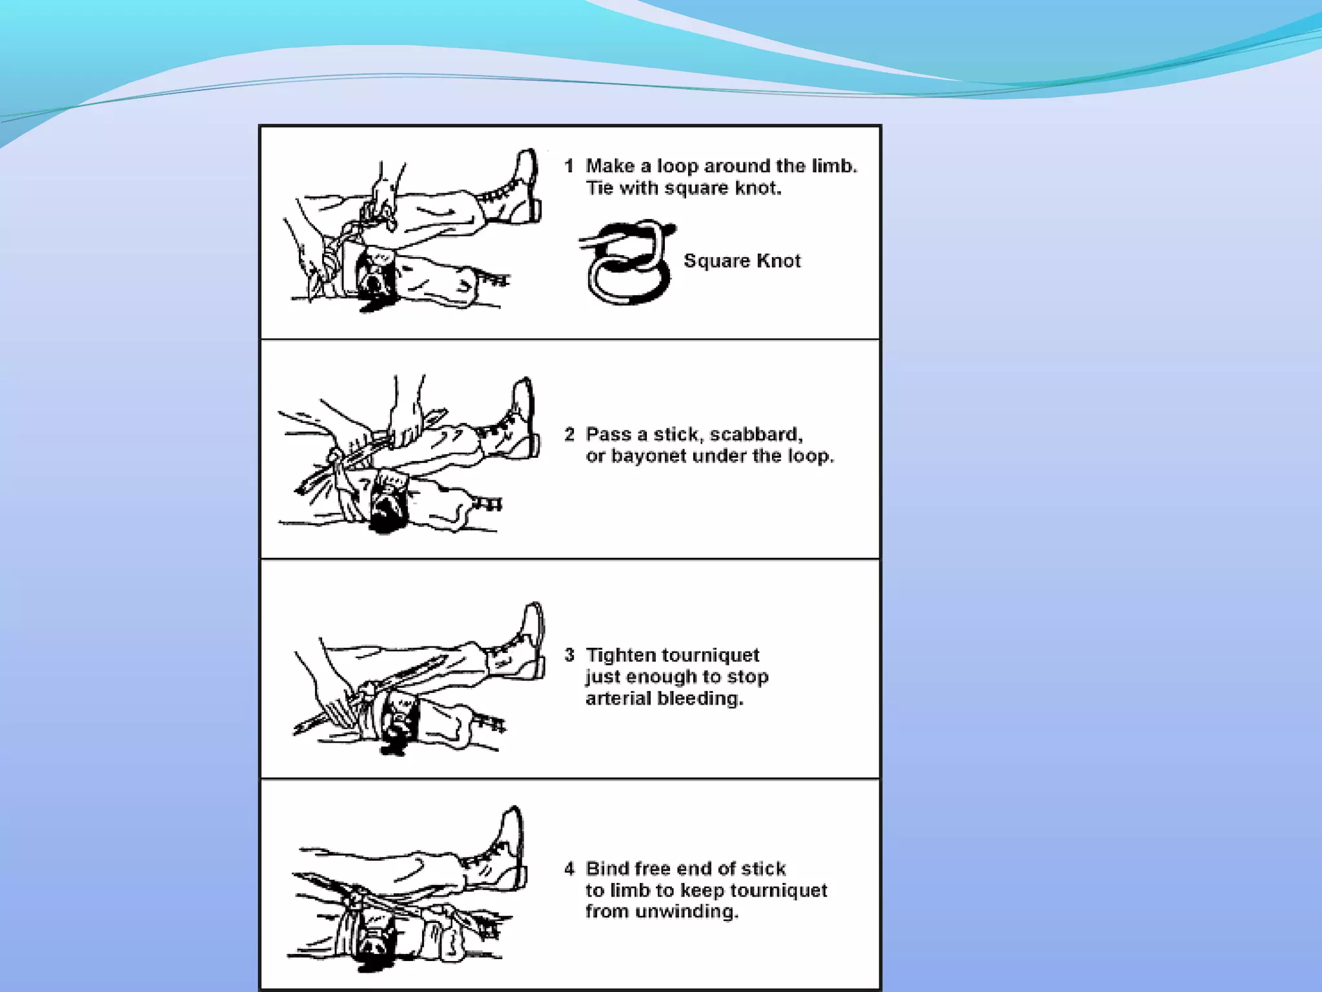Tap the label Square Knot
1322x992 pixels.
pyautogui.click(x=742, y=261)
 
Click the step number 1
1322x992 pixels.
pyautogui.click(x=569, y=166)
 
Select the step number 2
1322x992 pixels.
pyautogui.click(x=569, y=434)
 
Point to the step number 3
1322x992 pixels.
pyautogui.click(x=569, y=655)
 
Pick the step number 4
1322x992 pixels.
pyautogui.click(x=569, y=869)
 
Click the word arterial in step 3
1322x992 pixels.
pyautogui.click(x=618, y=698)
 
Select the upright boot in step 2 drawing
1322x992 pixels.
pyautogui.click(x=520, y=420)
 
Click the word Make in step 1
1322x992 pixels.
pyautogui.click(x=609, y=166)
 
